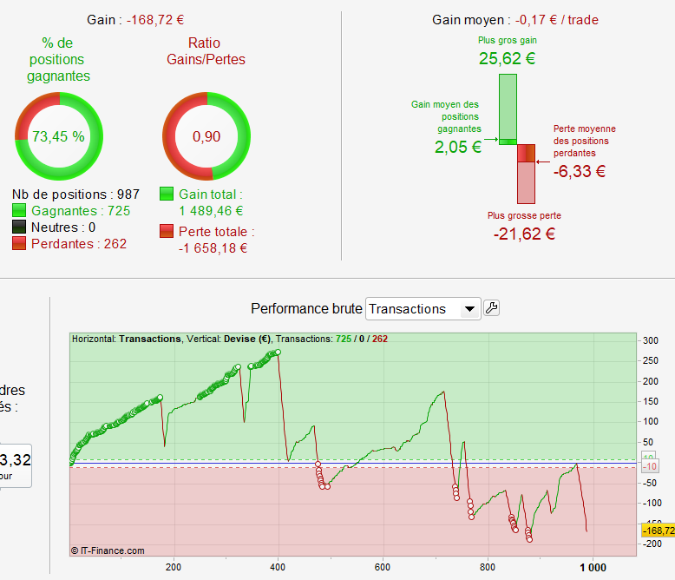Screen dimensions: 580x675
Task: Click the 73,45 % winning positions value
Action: (58, 136)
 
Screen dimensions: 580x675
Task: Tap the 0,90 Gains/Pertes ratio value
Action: (206, 136)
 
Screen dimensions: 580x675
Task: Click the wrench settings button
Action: (491, 307)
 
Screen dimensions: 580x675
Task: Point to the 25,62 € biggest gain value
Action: (507, 59)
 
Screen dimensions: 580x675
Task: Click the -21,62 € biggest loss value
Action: (524, 233)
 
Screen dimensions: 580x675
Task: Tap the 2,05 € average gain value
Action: (458, 147)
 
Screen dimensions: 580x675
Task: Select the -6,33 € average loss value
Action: (580, 171)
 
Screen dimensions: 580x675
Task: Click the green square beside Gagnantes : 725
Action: (19, 211)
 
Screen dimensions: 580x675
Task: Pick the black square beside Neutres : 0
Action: (19, 227)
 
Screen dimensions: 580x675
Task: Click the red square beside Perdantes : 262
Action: (19, 244)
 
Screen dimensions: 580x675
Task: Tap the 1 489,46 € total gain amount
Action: (211, 210)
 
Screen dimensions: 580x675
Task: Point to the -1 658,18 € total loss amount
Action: (213, 247)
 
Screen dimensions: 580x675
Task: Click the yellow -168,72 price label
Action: (657, 530)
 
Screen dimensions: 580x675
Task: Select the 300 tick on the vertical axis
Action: (650, 340)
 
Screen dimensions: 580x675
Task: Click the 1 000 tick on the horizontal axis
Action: (593, 567)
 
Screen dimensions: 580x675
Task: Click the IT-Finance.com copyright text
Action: (108, 550)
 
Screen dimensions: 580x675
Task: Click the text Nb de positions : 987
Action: (75, 194)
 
